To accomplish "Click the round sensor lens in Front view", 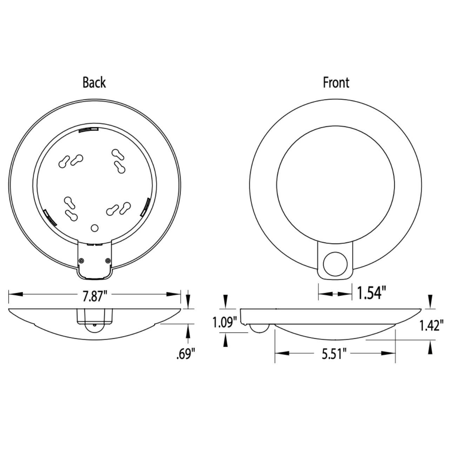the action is pos(335,264).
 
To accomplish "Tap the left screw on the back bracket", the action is pos(81,261).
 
